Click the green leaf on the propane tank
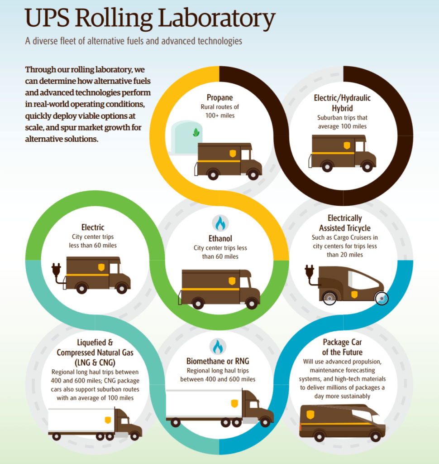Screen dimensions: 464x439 196,132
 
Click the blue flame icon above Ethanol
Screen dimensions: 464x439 220,223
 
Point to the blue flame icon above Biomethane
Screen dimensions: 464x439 218,346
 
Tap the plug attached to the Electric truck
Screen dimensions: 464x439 57,271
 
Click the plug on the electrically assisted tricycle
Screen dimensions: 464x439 310,273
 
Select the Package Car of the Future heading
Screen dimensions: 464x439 342,347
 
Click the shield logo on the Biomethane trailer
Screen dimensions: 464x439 234,403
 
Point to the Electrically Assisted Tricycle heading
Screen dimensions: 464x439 345,223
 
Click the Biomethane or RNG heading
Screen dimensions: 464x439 218,361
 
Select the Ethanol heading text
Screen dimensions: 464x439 220,238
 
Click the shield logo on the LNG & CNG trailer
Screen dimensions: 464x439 108,420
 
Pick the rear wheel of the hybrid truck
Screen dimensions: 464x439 327,167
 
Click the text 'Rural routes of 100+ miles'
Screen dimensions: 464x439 219,111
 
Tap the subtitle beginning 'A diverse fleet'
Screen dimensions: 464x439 134,41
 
